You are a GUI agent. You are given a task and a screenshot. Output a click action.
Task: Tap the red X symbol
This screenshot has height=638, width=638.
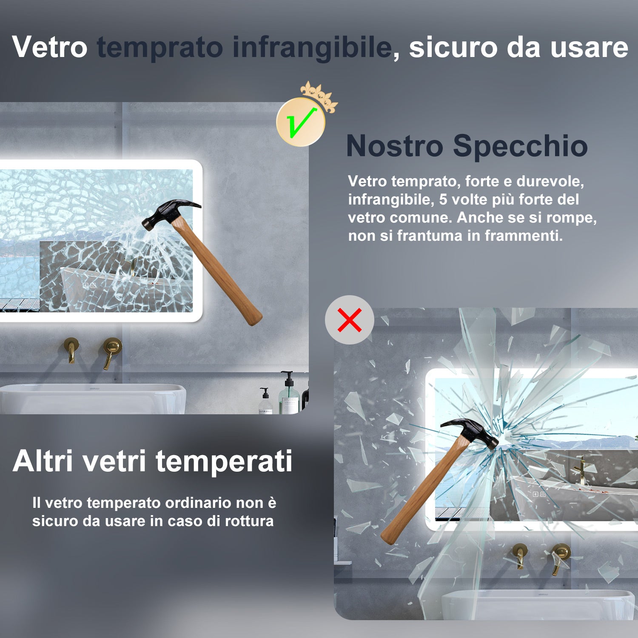pos(350,320)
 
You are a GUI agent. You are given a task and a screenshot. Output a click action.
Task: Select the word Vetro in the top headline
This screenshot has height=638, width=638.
pos(50,47)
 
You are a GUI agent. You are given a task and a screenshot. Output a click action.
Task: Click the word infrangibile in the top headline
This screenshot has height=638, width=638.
pos(312,47)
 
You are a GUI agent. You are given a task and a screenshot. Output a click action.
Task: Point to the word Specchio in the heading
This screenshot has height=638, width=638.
pos(520,146)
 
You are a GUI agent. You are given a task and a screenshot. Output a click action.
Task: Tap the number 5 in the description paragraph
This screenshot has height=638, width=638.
pos(443,199)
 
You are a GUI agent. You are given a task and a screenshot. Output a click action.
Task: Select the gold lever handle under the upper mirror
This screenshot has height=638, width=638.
pos(111,351)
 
